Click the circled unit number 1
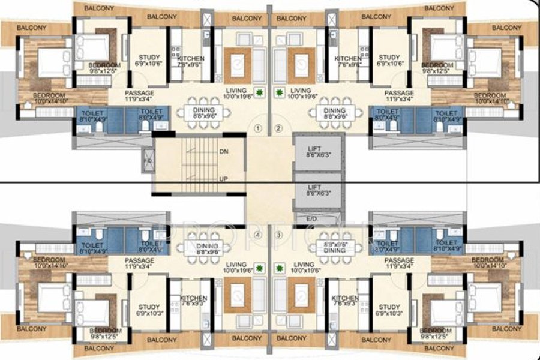[x=258, y=128]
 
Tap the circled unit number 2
[x=278, y=128]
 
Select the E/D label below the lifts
[x=311, y=220]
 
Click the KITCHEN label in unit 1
[x=192, y=58]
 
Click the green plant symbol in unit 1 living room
[x=259, y=93]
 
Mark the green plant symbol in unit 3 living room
[x=280, y=268]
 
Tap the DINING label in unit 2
[x=334, y=111]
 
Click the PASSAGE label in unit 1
[x=139, y=93]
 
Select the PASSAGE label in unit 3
[x=399, y=260]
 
